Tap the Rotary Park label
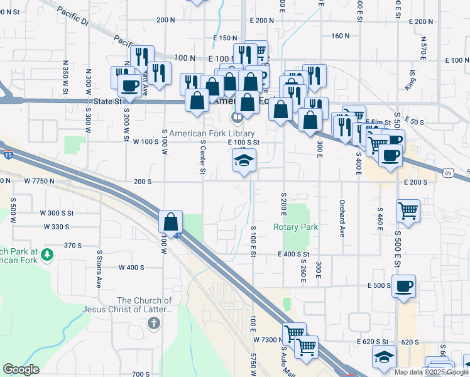(295, 227)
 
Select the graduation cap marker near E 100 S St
(244, 161)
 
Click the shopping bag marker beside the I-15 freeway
(171, 221)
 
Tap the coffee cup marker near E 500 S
(403, 287)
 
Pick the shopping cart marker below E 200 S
(408, 211)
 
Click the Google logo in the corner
(21, 369)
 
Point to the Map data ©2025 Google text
(432, 372)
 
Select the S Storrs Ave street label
(99, 268)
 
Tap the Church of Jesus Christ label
(145, 305)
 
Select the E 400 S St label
(294, 254)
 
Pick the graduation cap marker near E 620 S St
(384, 358)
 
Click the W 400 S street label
(131, 267)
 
